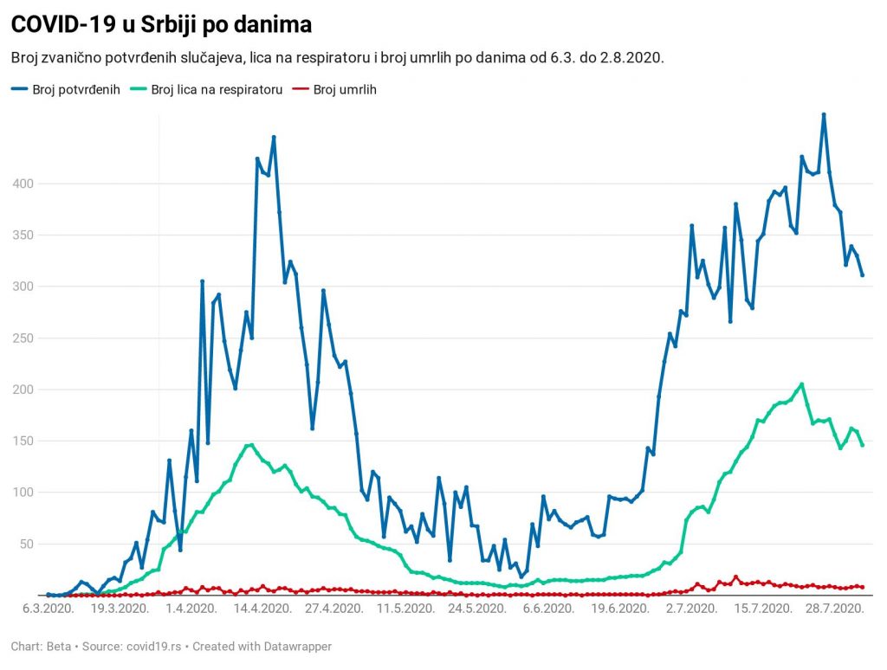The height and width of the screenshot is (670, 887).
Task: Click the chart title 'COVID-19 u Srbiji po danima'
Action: [x=161, y=25]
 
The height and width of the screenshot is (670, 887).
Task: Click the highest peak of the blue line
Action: [x=824, y=114]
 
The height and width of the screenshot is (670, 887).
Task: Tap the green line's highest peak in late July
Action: [x=802, y=384]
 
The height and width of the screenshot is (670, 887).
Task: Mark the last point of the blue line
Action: [x=862, y=275]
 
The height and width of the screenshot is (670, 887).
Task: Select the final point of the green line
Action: [x=862, y=445]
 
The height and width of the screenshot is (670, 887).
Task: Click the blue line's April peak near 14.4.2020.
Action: [x=274, y=137]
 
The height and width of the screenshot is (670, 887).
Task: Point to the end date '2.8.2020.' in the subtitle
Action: [x=631, y=57]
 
